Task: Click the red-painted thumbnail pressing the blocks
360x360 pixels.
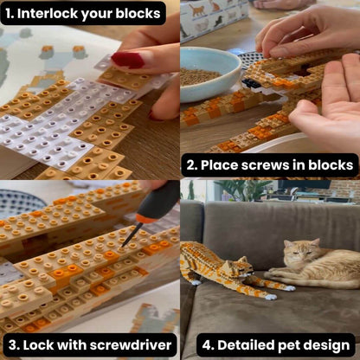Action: click(127, 60)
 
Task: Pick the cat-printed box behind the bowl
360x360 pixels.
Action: click(212, 19)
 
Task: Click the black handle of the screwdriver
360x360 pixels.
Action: click(159, 201)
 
